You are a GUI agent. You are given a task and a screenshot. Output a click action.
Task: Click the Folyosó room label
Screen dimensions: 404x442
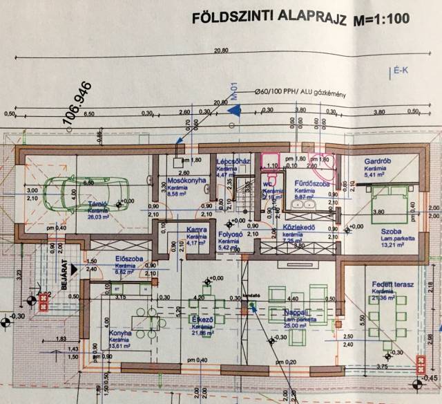(229, 235)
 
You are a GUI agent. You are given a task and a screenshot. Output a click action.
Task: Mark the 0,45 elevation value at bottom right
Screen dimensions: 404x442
(432, 377)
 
